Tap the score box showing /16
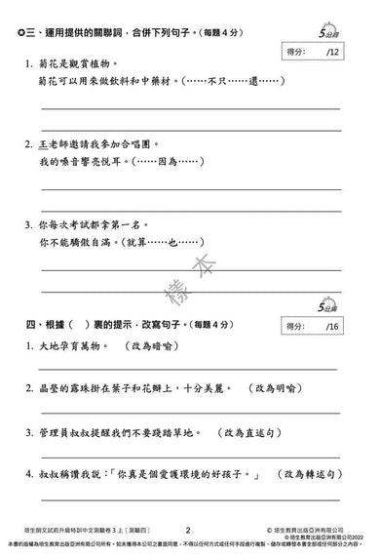[311, 326]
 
